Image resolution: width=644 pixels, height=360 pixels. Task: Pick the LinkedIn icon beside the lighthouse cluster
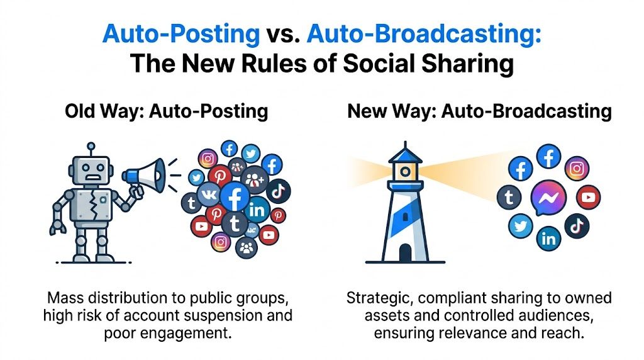548,239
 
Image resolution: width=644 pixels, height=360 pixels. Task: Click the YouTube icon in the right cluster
588,197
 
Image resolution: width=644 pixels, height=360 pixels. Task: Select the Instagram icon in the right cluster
577,169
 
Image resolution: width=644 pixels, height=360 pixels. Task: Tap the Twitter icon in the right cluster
520,225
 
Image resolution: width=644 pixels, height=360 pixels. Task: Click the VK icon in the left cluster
208,195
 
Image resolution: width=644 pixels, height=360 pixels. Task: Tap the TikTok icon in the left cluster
277,191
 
